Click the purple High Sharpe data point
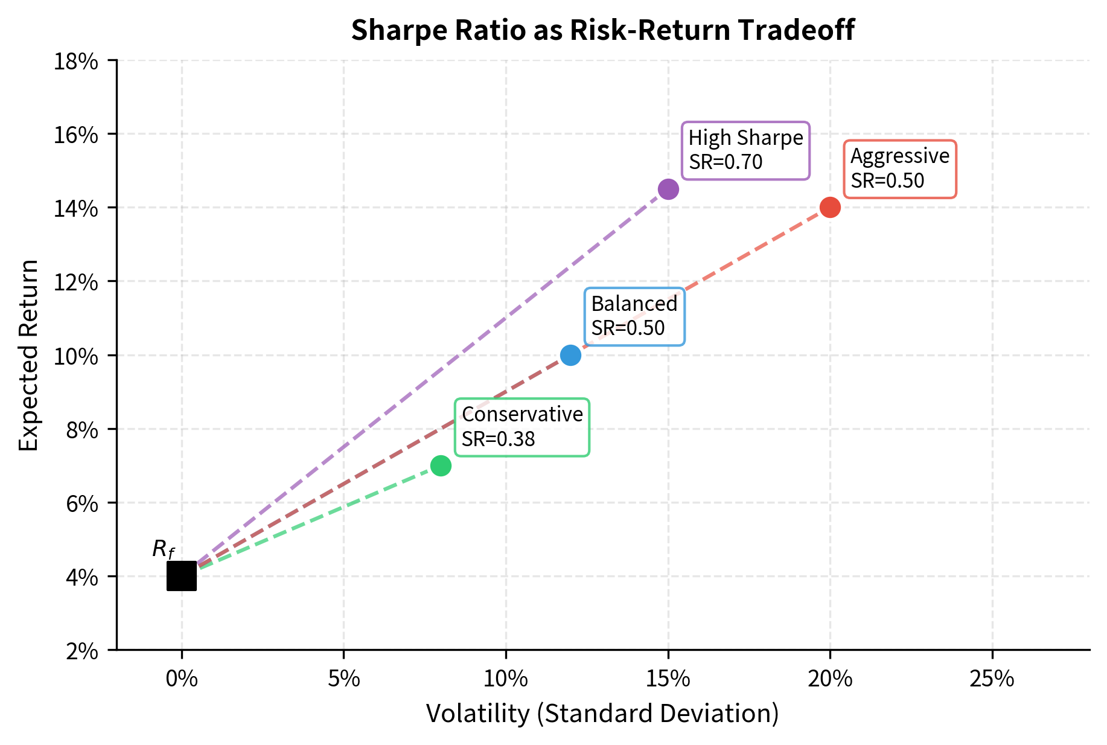(x=668, y=189)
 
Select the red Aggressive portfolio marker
(x=830, y=207)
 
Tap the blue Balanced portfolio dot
(x=570, y=355)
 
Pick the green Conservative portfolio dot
(x=441, y=465)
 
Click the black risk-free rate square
(x=182, y=576)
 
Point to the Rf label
(x=163, y=549)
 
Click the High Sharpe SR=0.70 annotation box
(x=745, y=150)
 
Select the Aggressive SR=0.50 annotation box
(x=899, y=168)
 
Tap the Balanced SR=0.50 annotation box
(x=634, y=316)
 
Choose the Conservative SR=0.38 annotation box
(x=522, y=427)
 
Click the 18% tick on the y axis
(x=76, y=61)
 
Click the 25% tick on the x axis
(x=992, y=679)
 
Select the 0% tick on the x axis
(x=182, y=679)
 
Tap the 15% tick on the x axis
(x=668, y=679)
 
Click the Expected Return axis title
(x=28, y=355)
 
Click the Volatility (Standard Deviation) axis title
(x=602, y=714)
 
